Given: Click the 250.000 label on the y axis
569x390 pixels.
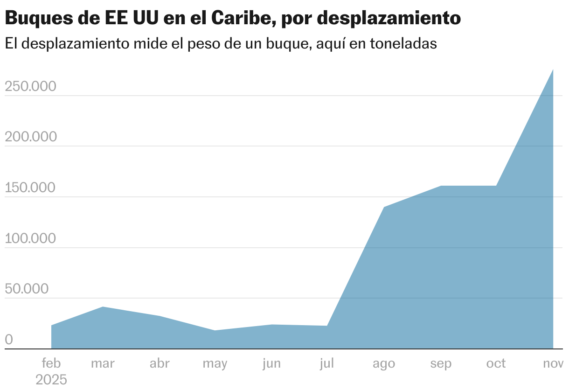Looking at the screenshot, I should [30, 87].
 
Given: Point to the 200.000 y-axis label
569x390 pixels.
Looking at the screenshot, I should [30, 137].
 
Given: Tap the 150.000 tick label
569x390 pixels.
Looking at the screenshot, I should [30, 188].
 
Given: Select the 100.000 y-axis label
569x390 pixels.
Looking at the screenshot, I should [30, 238].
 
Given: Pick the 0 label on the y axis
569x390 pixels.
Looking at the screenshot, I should [9, 340].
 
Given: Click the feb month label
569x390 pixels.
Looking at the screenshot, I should [51, 363].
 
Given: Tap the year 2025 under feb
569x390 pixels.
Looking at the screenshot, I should [51, 379].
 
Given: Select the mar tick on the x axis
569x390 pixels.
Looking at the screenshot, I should [103, 363].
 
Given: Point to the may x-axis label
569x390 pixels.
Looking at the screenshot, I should [215, 363].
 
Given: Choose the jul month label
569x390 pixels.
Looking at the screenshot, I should [327, 363].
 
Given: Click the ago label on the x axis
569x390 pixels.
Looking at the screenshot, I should [384, 363].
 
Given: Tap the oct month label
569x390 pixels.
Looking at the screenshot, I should [496, 363].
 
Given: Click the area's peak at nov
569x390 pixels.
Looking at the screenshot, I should [553, 70].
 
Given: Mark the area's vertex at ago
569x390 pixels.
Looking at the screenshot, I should [384, 207].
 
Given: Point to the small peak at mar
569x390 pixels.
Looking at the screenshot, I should [103, 307].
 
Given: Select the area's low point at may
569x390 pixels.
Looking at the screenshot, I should [215, 331].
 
